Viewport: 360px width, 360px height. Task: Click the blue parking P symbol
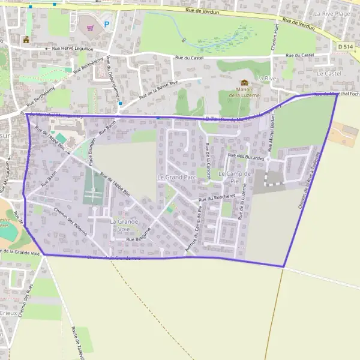107,25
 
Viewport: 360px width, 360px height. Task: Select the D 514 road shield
345,46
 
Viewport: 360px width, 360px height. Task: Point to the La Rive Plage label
332,13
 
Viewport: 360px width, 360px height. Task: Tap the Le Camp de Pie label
234,176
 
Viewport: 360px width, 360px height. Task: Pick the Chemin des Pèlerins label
70,221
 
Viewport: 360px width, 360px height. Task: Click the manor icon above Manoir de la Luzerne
244,83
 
